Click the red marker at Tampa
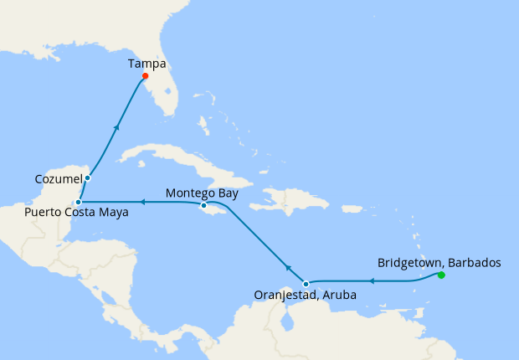point(146,76)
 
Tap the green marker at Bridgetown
point(441,275)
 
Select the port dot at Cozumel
point(87,177)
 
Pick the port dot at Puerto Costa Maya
point(77,202)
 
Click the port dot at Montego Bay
point(203,205)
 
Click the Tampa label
point(147,63)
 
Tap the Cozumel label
point(58,179)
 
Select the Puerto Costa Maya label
point(76,213)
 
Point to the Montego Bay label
point(202,193)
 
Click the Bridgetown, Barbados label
point(439,262)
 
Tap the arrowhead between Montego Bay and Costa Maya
point(141,202)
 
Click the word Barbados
point(474,262)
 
